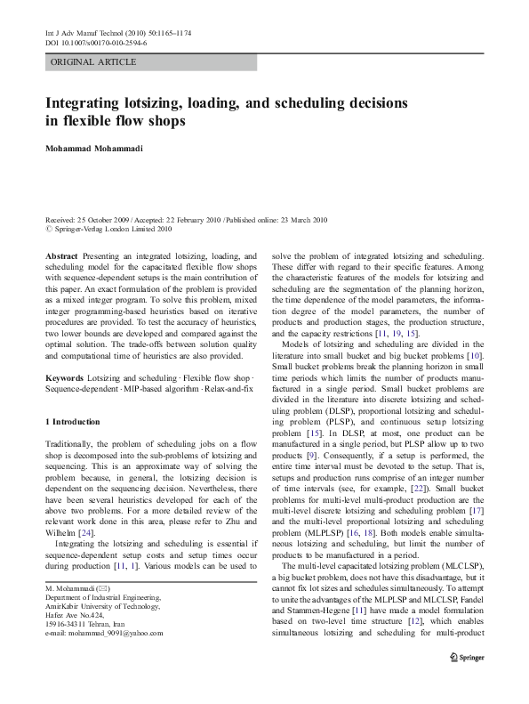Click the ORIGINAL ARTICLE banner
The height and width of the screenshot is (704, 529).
93,61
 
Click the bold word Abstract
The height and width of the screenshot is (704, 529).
60,255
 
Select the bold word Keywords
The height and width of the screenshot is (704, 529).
65,378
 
